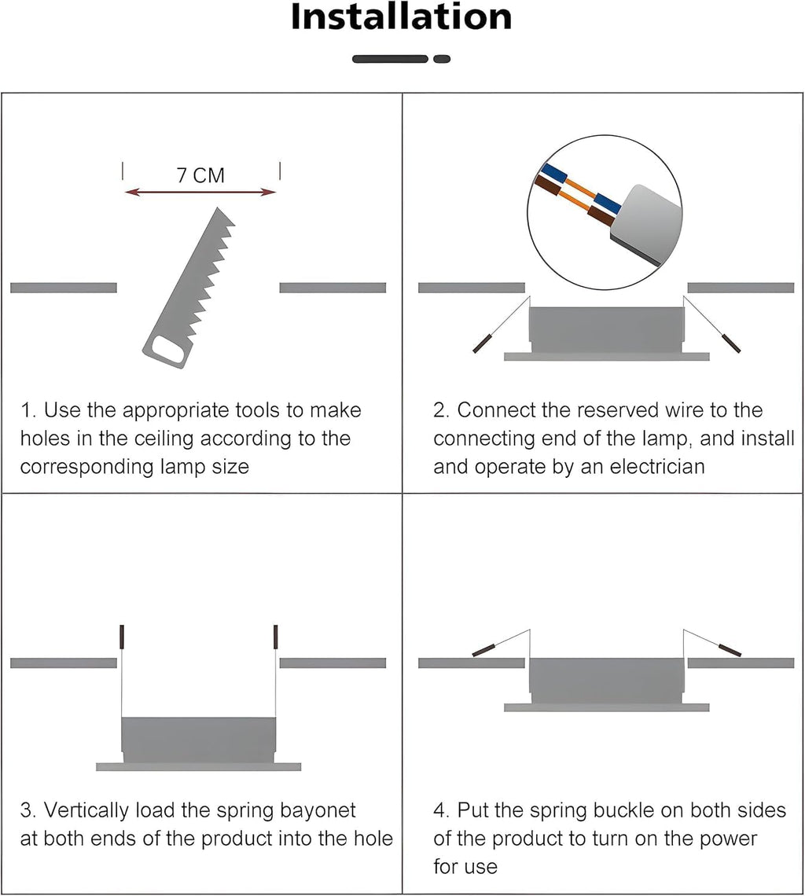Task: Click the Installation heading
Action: pos(402,17)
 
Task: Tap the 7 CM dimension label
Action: pos(200,175)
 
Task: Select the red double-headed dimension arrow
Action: pos(200,193)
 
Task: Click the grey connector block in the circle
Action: pos(647,224)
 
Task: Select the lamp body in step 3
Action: pos(199,740)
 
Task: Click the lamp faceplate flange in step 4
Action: pos(607,707)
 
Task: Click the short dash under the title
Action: pos(442,59)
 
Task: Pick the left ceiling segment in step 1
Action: pos(64,288)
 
